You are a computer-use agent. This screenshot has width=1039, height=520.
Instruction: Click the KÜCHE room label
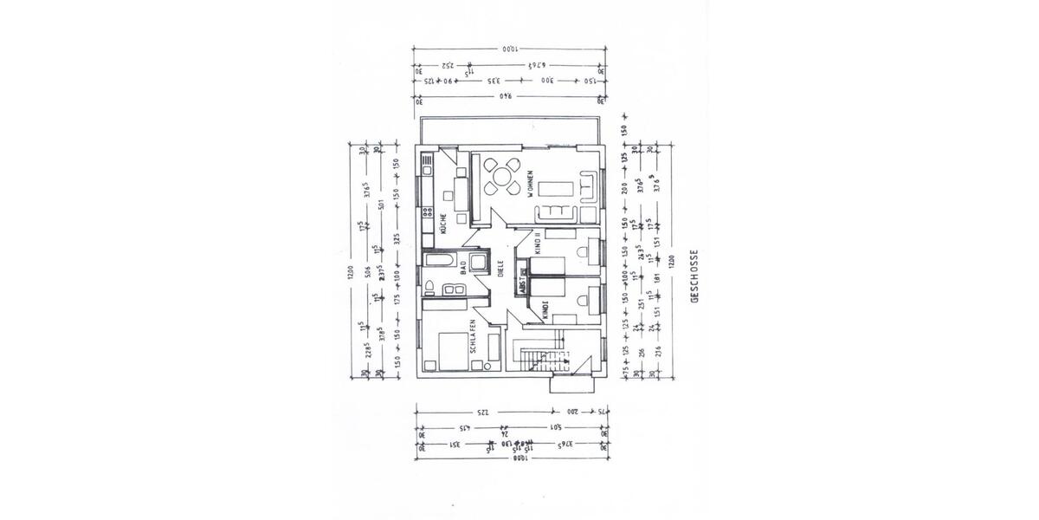pyautogui.click(x=442, y=224)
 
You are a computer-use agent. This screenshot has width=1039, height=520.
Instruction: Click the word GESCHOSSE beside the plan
pyautogui.click(x=694, y=276)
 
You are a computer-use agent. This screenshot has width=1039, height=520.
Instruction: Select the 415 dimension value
pyautogui.click(x=463, y=428)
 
